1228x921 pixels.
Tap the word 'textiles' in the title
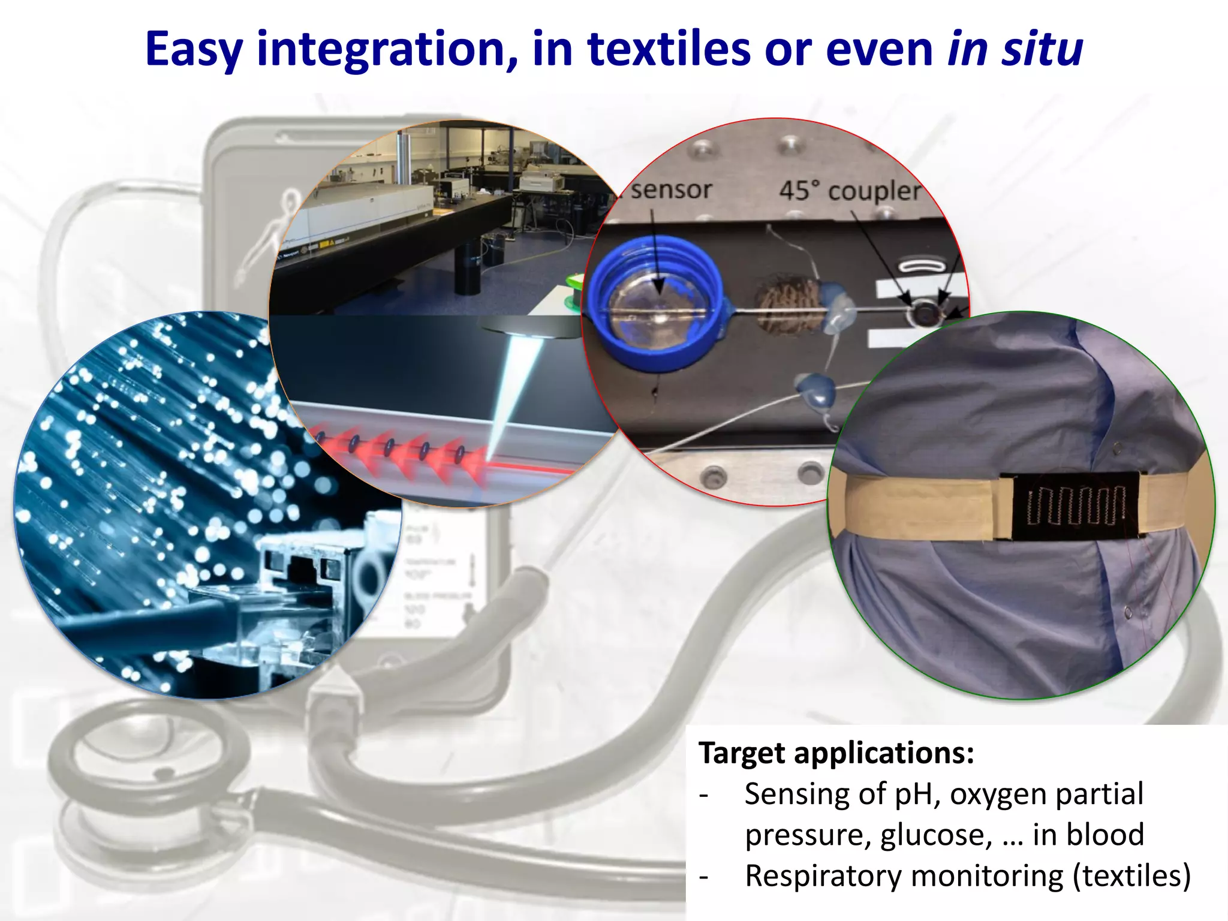point(669,49)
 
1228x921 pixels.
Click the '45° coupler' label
point(849,191)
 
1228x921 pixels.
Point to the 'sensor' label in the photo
point(671,189)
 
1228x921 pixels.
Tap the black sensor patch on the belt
point(1075,505)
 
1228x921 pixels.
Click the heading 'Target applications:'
point(836,753)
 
